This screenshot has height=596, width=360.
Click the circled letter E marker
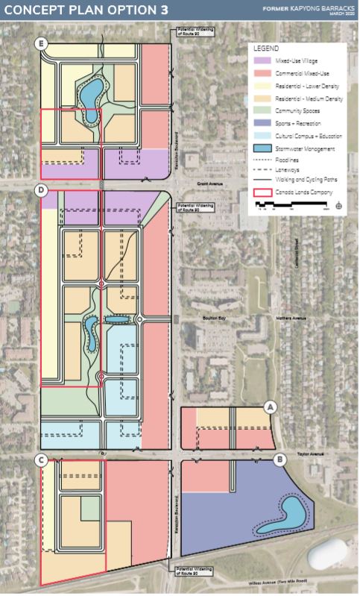(x=42, y=44)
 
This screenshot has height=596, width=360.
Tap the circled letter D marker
(x=42, y=191)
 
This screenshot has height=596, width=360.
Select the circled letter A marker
(x=271, y=407)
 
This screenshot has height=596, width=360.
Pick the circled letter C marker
(x=42, y=460)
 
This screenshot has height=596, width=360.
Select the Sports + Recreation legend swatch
(x=261, y=123)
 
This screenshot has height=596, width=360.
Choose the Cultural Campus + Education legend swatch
(x=261, y=136)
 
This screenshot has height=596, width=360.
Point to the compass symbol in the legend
(x=339, y=203)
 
